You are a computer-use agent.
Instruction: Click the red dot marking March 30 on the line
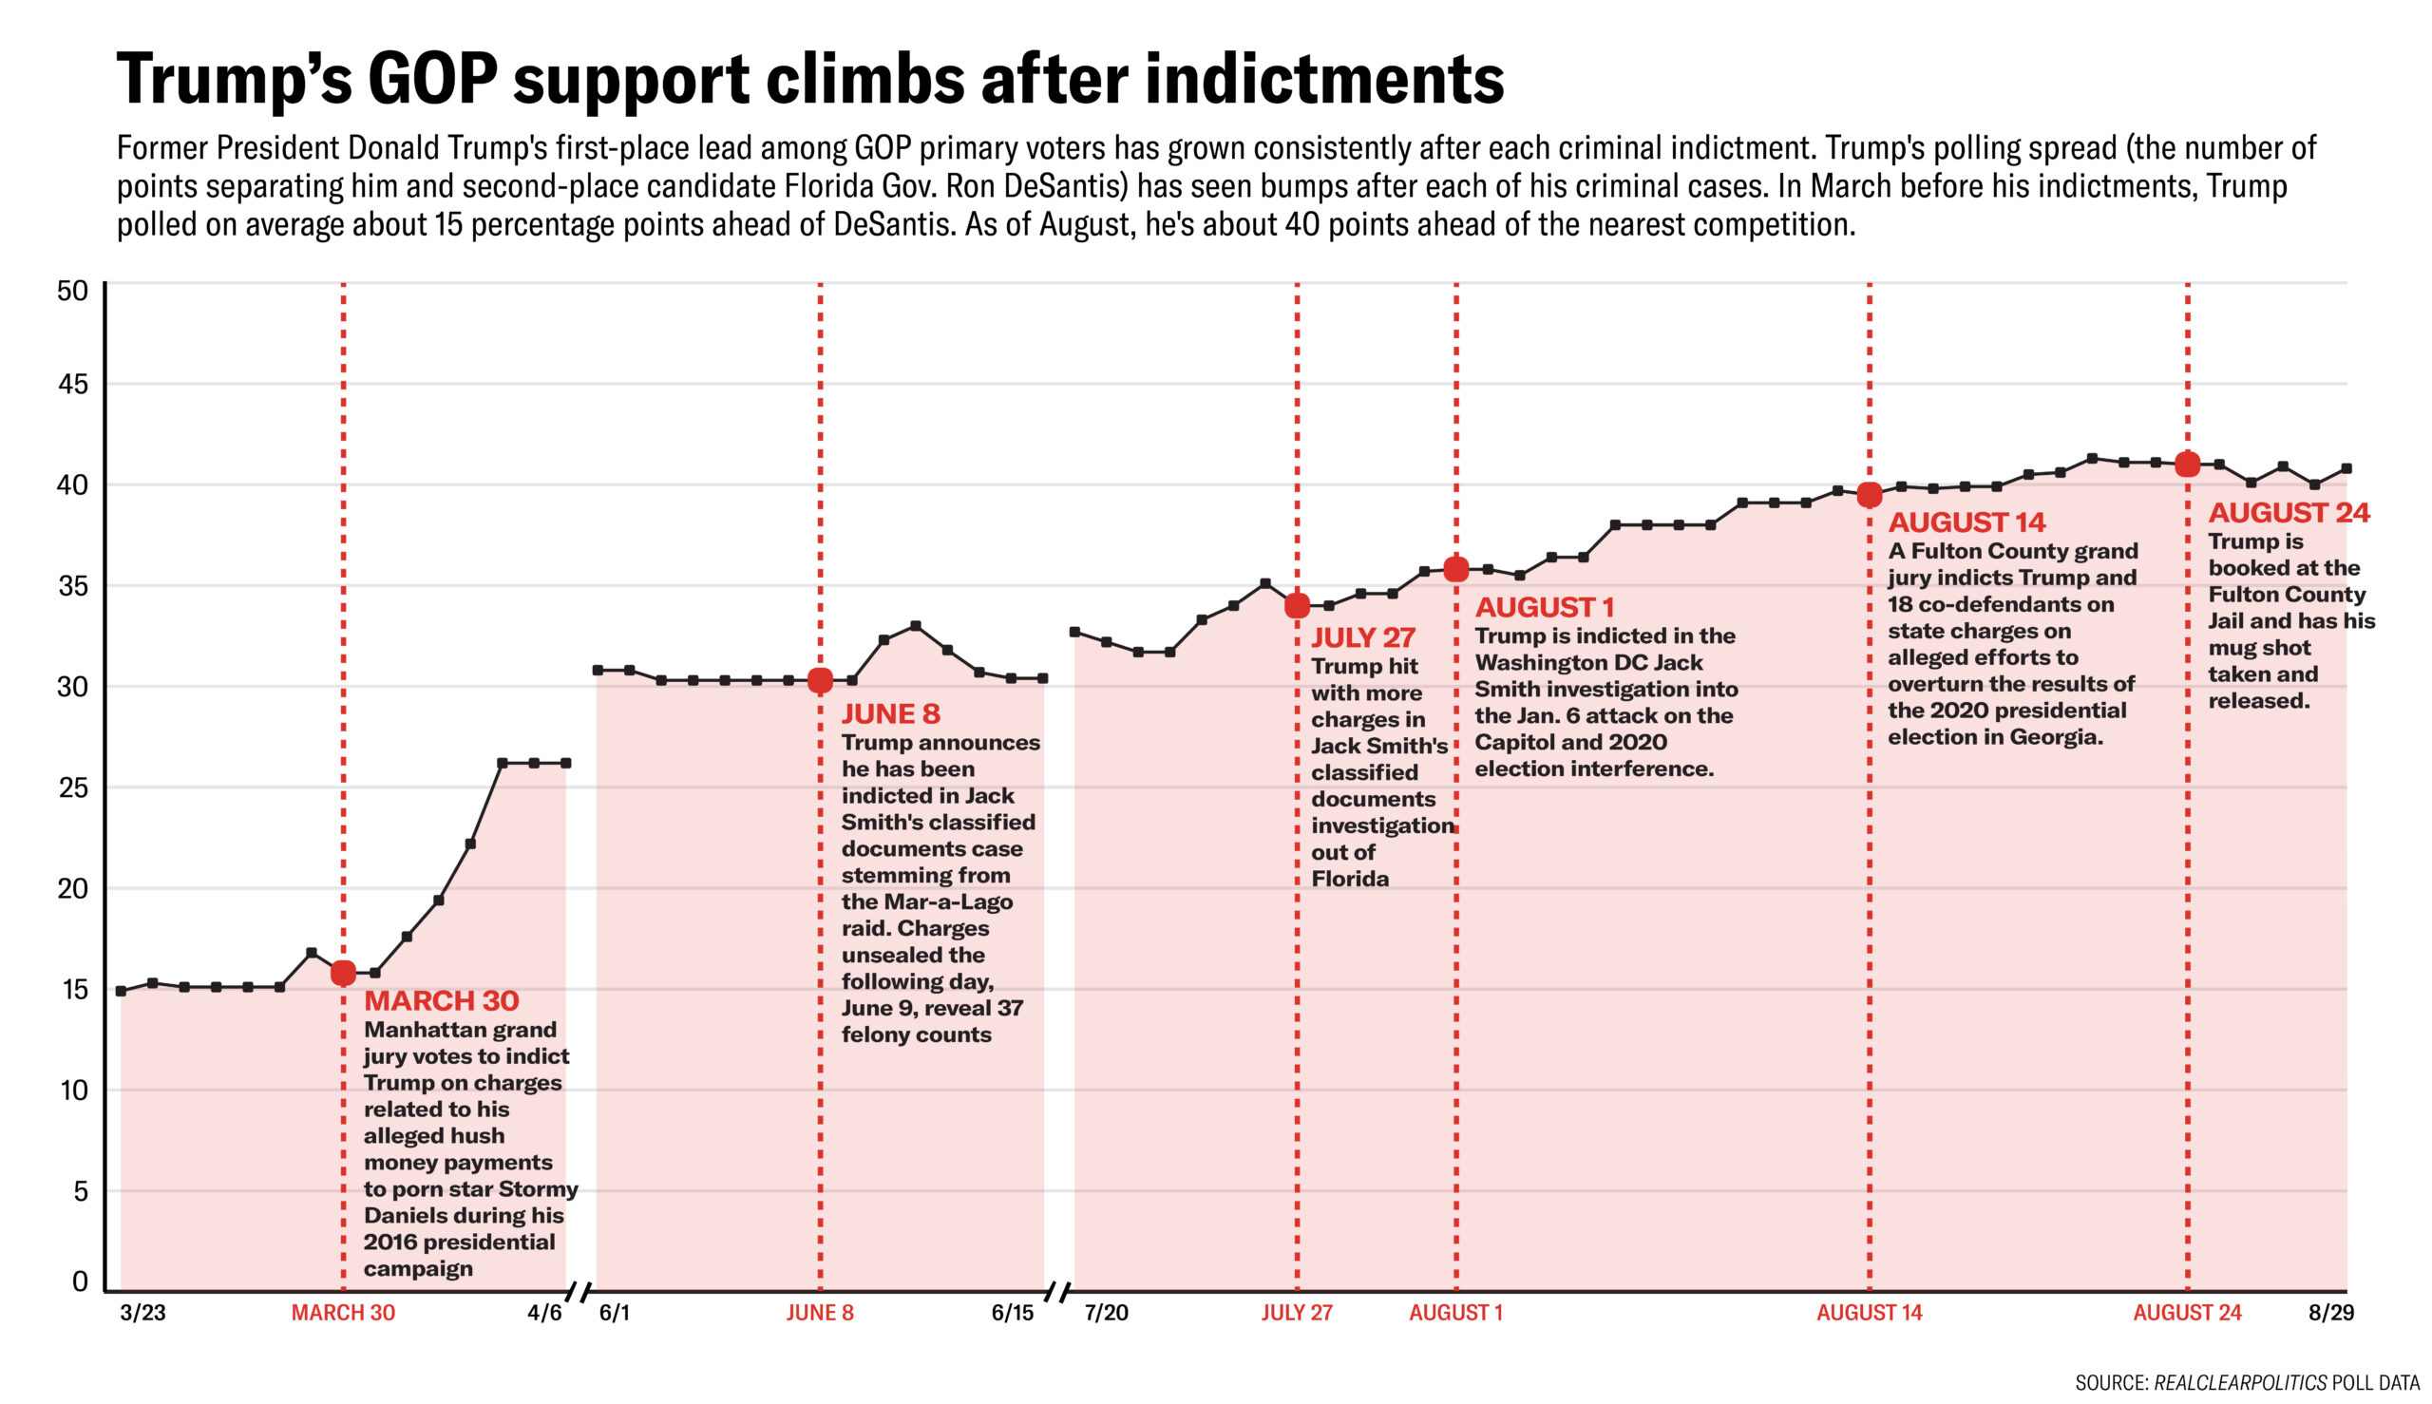(x=343, y=973)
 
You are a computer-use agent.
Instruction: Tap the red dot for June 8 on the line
(x=820, y=681)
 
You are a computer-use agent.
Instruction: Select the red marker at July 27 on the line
(x=1297, y=605)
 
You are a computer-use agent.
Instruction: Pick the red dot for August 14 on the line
(x=1869, y=495)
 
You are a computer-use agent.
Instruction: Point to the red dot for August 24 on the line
(x=2187, y=464)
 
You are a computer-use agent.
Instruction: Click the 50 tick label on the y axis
(x=72, y=292)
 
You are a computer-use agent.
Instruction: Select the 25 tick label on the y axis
(x=72, y=787)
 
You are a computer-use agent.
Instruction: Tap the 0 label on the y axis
(x=80, y=1281)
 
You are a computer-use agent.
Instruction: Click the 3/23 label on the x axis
(x=142, y=1313)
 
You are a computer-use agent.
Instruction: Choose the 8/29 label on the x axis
(x=2330, y=1313)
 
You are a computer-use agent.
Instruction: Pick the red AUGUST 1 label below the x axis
(x=1455, y=1313)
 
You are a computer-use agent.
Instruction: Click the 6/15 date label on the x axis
(x=1012, y=1313)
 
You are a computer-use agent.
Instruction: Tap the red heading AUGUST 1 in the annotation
(x=1544, y=608)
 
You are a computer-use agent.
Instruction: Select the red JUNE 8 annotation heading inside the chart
(x=890, y=713)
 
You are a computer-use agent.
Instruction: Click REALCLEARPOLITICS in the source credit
(x=2240, y=1382)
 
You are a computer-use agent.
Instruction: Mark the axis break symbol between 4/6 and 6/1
(x=579, y=1290)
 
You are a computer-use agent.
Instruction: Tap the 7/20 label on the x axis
(x=1106, y=1313)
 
